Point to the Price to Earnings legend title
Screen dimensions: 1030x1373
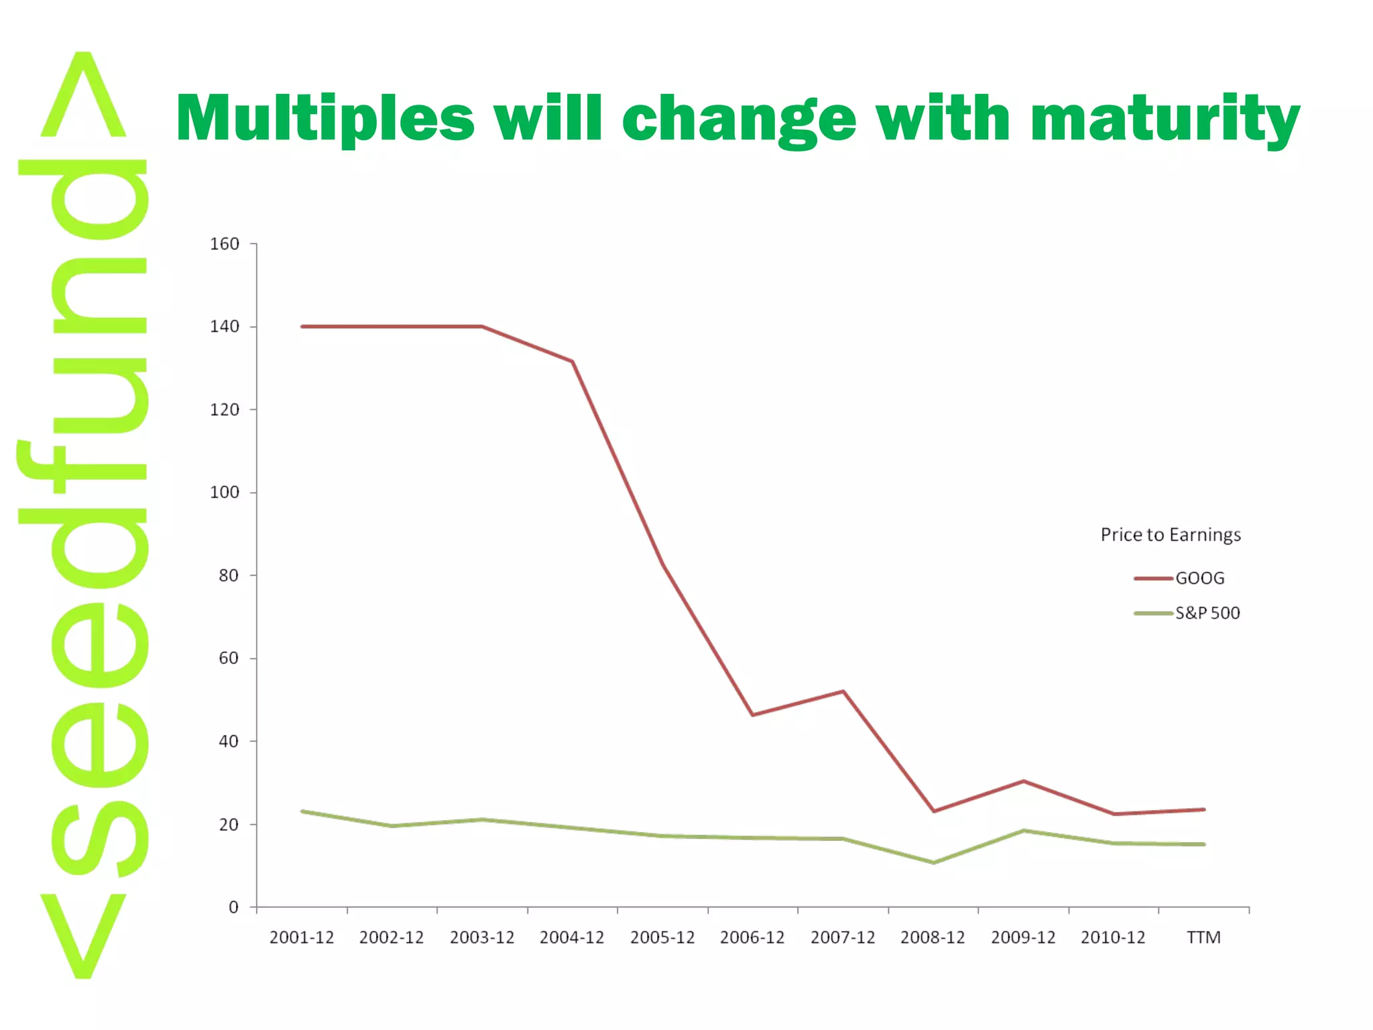pos(1171,535)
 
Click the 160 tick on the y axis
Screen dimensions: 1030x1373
pos(224,244)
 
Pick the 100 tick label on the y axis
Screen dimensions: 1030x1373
pos(224,493)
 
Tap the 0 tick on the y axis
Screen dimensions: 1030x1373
pos(233,907)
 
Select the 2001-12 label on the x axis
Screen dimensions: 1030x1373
pos(302,937)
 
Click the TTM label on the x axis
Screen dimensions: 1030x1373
pos(1203,937)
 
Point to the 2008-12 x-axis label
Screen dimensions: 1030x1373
pos(933,937)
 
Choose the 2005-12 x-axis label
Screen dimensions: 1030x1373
pos(662,937)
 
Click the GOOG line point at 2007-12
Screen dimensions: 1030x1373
pos(843,691)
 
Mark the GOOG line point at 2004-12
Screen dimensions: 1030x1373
pos(573,361)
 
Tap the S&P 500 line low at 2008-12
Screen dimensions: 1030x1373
pos(933,862)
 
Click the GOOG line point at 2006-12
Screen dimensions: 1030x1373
pos(753,715)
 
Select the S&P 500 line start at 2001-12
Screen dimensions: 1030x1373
pos(302,811)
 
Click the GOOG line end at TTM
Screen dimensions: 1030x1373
pos(1204,809)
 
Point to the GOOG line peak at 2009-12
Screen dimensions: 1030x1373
pos(1024,781)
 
